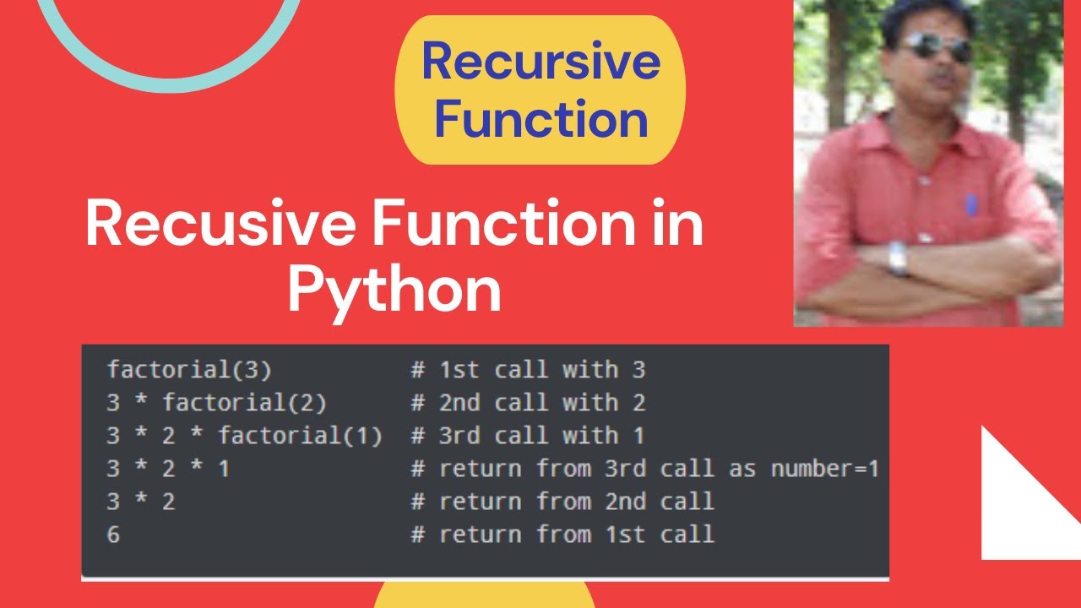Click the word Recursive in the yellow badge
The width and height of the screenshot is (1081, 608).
540,62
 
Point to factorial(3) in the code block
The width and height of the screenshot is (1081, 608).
189,370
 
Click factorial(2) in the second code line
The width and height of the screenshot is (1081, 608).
245,403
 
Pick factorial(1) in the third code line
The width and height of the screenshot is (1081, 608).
300,436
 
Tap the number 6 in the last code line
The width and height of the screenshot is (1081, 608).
113,535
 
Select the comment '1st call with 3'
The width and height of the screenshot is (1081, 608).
541,370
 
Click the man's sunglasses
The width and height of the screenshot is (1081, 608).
936,46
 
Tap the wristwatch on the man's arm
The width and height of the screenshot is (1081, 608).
898,258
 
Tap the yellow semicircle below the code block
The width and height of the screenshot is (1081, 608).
485,596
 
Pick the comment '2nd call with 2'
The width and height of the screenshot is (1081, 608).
541,403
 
